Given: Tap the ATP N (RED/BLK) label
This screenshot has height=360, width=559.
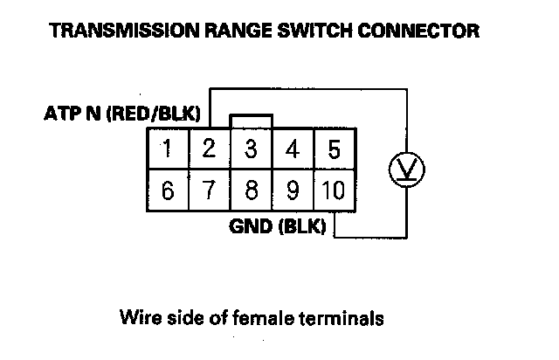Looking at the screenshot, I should coord(122,114).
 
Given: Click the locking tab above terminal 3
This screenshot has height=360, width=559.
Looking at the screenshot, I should coord(251,121).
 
